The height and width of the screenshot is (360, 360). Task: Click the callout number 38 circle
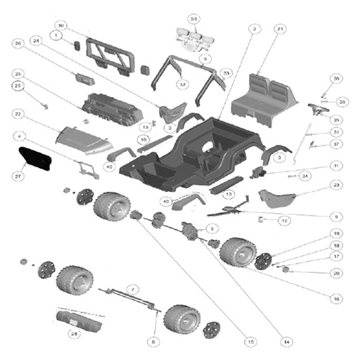pos(194,18)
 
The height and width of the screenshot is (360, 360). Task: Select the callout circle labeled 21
pos(279,29)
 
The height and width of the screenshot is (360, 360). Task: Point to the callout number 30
pos(61,25)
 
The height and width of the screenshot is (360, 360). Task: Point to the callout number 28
pos(73,334)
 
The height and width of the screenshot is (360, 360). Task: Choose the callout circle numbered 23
pos(336,185)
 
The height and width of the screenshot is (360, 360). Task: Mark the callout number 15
pos(249,341)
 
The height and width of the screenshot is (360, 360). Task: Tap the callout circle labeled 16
pos(336,299)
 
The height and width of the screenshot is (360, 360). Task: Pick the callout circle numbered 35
pos(336,120)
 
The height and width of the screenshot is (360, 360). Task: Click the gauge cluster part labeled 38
pos(194,39)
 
